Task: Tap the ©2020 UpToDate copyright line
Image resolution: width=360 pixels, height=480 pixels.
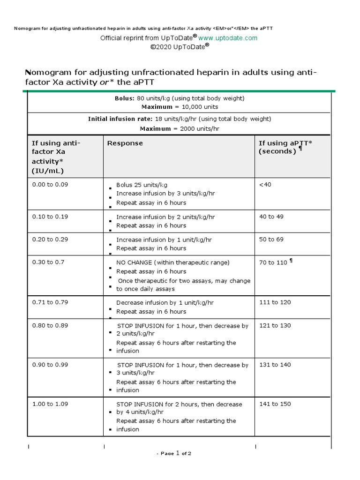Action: coord(180,47)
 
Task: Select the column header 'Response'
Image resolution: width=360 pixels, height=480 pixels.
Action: coord(125,143)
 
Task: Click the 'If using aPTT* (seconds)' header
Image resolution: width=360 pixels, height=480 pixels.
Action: coord(280,147)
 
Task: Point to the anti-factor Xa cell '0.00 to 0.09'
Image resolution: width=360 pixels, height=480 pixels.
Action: coord(50,184)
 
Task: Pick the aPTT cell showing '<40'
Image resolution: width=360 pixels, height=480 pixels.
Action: coord(265,184)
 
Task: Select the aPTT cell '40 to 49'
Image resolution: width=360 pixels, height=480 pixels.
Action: coord(271,217)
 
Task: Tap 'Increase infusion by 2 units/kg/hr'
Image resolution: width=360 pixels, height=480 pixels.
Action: coord(165,217)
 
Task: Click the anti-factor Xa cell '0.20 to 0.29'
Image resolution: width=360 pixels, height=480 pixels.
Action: coord(50,239)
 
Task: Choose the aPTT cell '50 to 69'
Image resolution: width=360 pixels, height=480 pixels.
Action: coord(271,239)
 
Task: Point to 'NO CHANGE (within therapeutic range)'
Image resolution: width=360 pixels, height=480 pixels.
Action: coord(173,262)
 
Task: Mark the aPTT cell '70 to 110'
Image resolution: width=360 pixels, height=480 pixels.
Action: coord(273,262)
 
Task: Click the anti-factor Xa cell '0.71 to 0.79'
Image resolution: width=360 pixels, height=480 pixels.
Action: coord(50,302)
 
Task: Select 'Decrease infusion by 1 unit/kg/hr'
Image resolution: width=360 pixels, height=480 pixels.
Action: coord(165,303)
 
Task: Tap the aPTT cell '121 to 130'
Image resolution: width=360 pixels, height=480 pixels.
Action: coord(275,325)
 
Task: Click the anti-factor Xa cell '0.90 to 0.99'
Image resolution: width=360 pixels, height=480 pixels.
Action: coord(50,365)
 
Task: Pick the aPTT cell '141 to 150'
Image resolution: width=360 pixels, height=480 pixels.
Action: coord(275,404)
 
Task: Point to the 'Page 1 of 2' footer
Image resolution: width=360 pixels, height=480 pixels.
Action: coord(174,453)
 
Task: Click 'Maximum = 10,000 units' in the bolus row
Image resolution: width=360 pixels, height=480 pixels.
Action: coord(180,107)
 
